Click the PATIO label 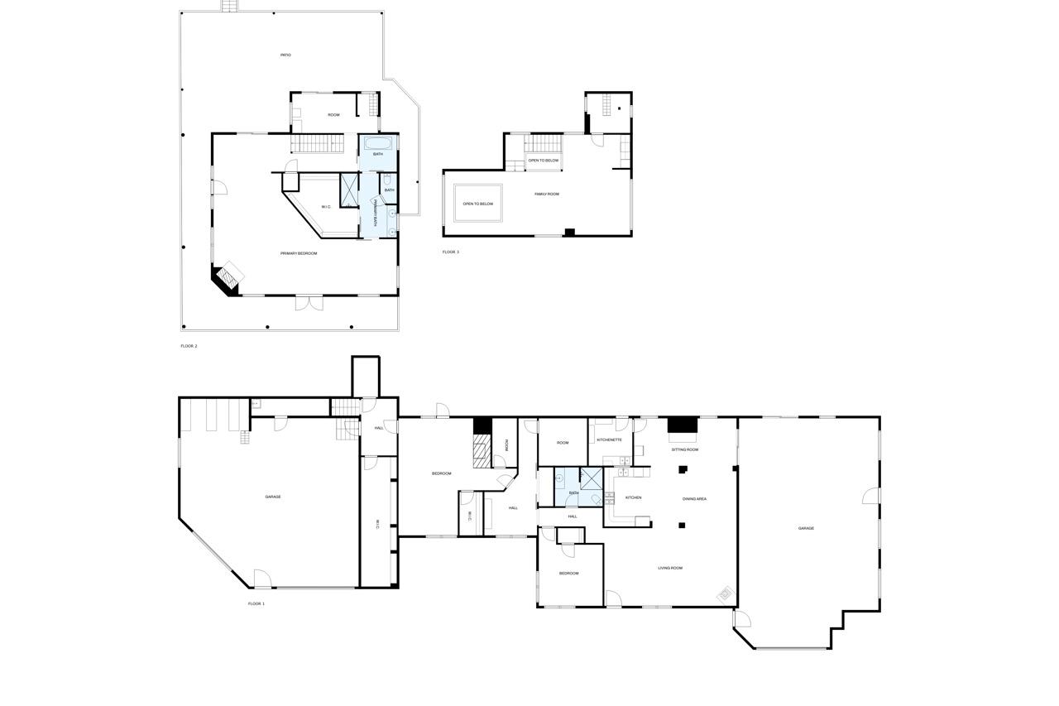285,55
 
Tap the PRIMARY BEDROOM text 299,253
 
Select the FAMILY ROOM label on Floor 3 547,194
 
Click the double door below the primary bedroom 308,303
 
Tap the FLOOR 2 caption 189,346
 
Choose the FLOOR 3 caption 450,252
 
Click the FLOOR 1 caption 256,603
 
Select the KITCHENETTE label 609,439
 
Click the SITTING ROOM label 684,449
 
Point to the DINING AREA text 694,499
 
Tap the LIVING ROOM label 670,568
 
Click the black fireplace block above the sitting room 683,425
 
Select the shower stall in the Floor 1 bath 592,478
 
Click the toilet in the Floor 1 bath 596,500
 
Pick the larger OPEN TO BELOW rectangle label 477,204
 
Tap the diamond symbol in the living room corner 725,593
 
